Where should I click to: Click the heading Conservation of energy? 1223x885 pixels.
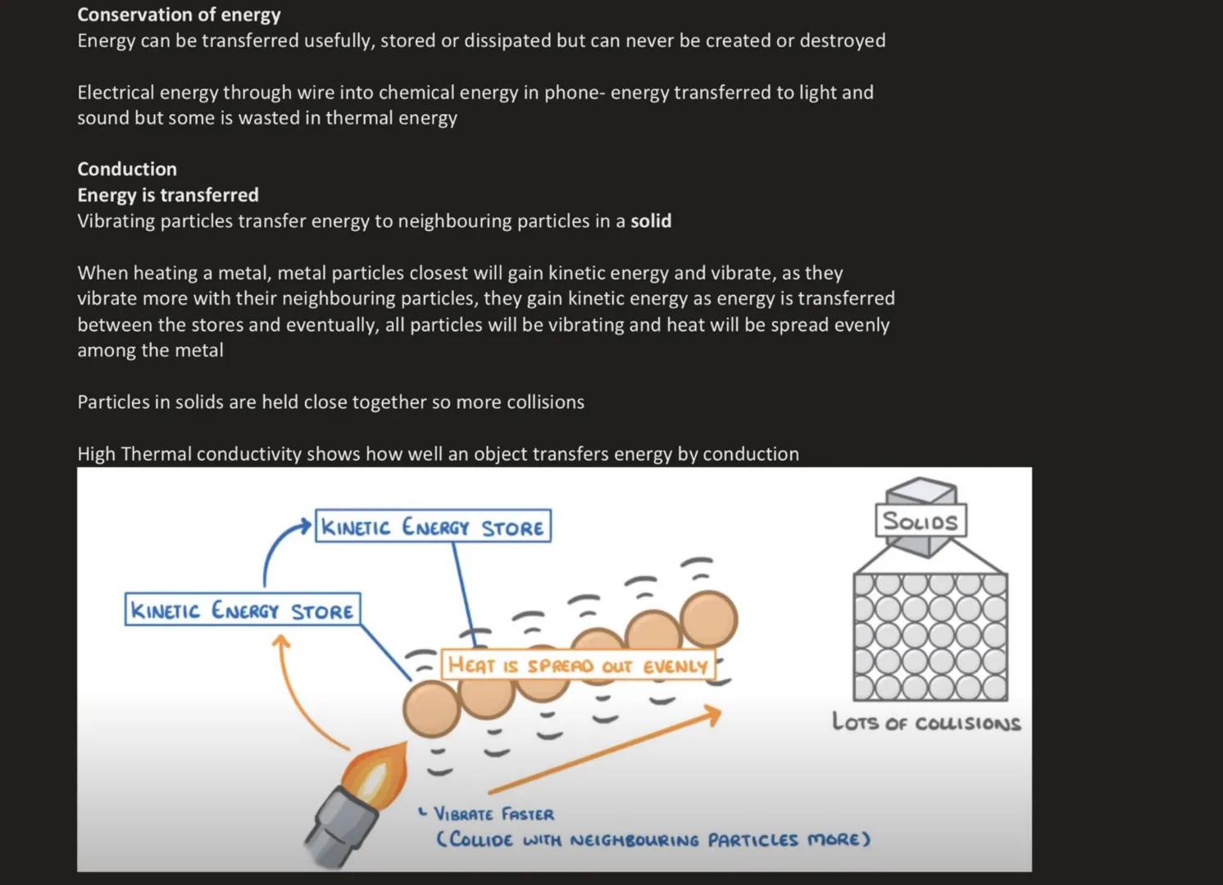(x=179, y=15)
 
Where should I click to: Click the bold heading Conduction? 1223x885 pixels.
(x=127, y=169)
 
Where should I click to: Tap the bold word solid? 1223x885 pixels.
(x=651, y=221)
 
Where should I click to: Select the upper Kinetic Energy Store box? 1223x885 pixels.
(x=433, y=527)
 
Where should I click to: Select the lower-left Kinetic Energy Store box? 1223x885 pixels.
(x=242, y=610)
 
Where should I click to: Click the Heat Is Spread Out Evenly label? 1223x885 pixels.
(x=577, y=665)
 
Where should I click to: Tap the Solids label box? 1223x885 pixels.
(x=920, y=521)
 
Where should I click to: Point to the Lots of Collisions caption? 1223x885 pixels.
(x=926, y=723)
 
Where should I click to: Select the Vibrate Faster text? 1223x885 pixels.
(x=493, y=814)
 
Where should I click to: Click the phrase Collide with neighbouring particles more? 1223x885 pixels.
(x=652, y=840)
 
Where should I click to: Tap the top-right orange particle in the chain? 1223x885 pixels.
(x=709, y=619)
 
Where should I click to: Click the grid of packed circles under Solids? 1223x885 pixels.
(x=930, y=637)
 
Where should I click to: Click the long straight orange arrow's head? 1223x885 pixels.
(x=712, y=715)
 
